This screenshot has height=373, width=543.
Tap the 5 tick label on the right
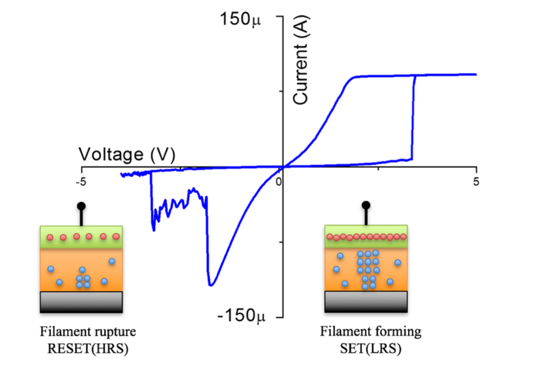click(x=477, y=182)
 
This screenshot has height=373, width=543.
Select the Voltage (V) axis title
click(x=126, y=154)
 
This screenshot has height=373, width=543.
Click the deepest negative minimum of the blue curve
click(x=211, y=285)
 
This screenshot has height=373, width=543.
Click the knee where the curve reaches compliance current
click(x=354, y=78)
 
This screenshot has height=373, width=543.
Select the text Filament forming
click(x=371, y=332)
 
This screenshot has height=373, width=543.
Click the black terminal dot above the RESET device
click(x=81, y=206)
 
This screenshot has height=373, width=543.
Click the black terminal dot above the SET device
click(x=366, y=205)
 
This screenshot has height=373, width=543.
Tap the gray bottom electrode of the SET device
click(x=366, y=301)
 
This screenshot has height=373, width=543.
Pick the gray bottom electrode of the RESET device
click(x=81, y=302)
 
